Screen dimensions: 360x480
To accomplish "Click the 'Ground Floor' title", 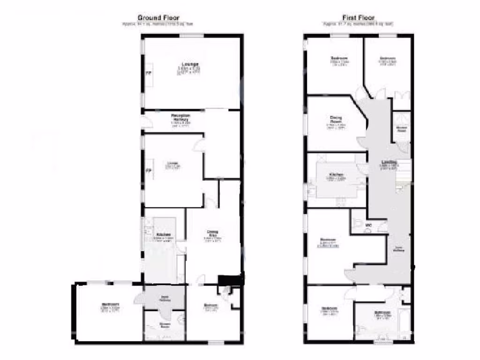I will coord(158,18).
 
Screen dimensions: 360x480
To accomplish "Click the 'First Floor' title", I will coord(358,18).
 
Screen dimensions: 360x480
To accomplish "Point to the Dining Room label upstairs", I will coord(335,120).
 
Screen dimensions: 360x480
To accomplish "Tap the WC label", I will coord(368,225).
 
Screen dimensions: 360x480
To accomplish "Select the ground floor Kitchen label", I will coord(163,234).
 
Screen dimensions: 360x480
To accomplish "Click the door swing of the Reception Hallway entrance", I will coord(147,122).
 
